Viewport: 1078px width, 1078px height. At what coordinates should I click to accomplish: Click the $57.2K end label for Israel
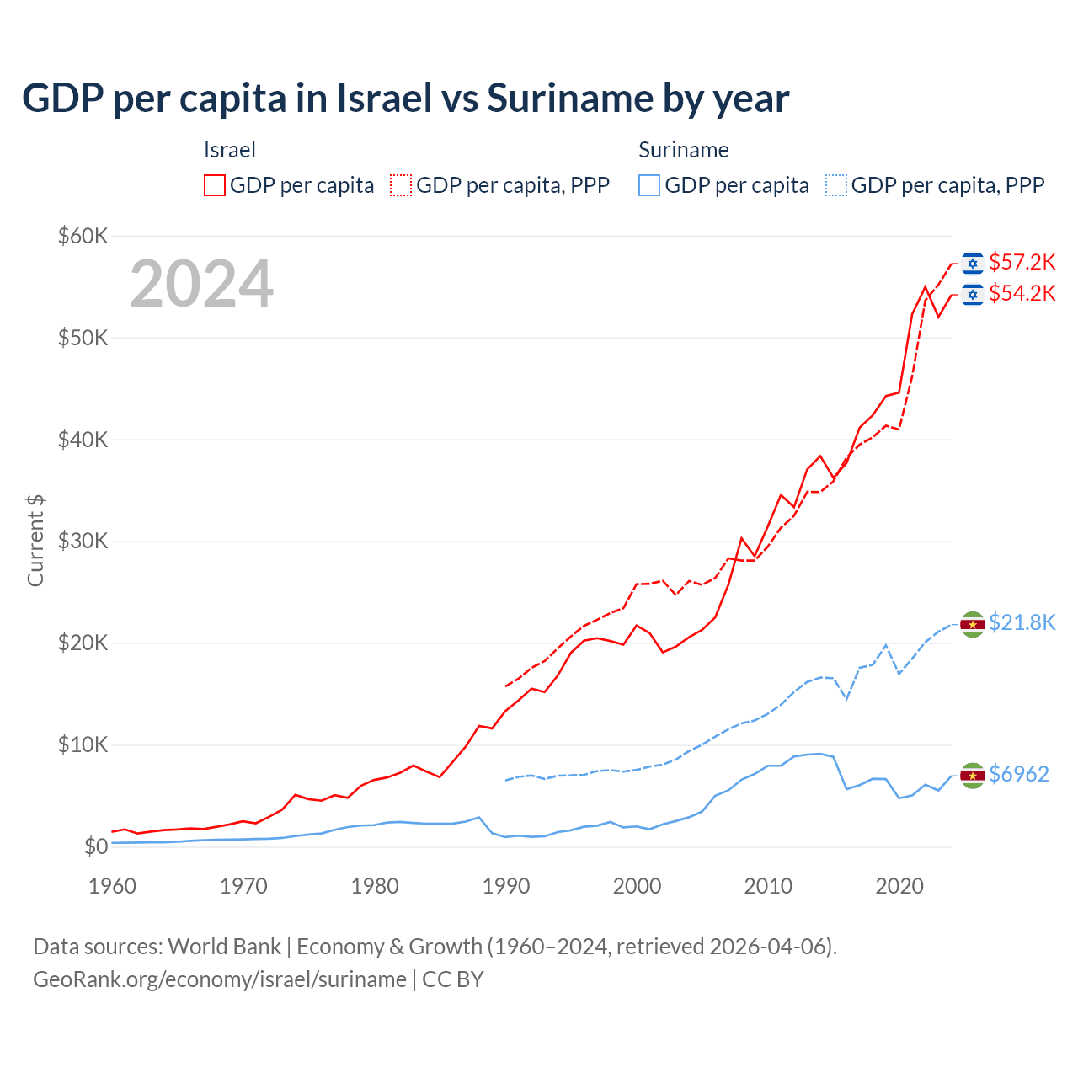pyautogui.click(x=1022, y=262)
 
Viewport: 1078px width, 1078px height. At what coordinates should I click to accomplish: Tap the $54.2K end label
pyautogui.click(x=1022, y=293)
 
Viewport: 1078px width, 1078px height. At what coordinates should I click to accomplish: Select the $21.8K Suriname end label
pyautogui.click(x=1022, y=622)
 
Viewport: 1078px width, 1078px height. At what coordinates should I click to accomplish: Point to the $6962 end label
pyautogui.click(x=1018, y=774)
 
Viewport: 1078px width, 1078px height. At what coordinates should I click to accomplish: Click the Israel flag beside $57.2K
pyautogui.click(x=973, y=264)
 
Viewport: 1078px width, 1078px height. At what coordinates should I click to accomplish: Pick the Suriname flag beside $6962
pyautogui.click(x=973, y=776)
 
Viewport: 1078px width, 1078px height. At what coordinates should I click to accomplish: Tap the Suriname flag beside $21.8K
pyautogui.click(x=973, y=624)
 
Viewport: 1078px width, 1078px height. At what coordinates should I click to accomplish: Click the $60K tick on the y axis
pyautogui.click(x=83, y=236)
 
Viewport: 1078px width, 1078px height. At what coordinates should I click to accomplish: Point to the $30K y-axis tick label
pyautogui.click(x=83, y=542)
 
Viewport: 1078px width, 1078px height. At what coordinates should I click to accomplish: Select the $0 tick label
pyautogui.click(x=96, y=846)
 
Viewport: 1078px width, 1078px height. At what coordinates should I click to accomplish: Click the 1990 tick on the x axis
pyautogui.click(x=506, y=886)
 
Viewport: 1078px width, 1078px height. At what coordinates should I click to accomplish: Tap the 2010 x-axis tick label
pyautogui.click(x=768, y=886)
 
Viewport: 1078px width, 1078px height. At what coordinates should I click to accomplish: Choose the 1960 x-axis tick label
pyautogui.click(x=113, y=886)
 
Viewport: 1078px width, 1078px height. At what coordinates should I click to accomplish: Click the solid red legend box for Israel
pyautogui.click(x=215, y=185)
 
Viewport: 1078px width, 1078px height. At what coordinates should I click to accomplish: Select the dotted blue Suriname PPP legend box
pyautogui.click(x=836, y=185)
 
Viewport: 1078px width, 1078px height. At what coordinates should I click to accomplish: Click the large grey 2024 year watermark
pyautogui.click(x=201, y=284)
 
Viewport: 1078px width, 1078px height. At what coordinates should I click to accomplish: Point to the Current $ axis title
pyautogui.click(x=35, y=541)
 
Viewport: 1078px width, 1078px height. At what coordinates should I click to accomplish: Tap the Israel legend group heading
pyautogui.click(x=229, y=150)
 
